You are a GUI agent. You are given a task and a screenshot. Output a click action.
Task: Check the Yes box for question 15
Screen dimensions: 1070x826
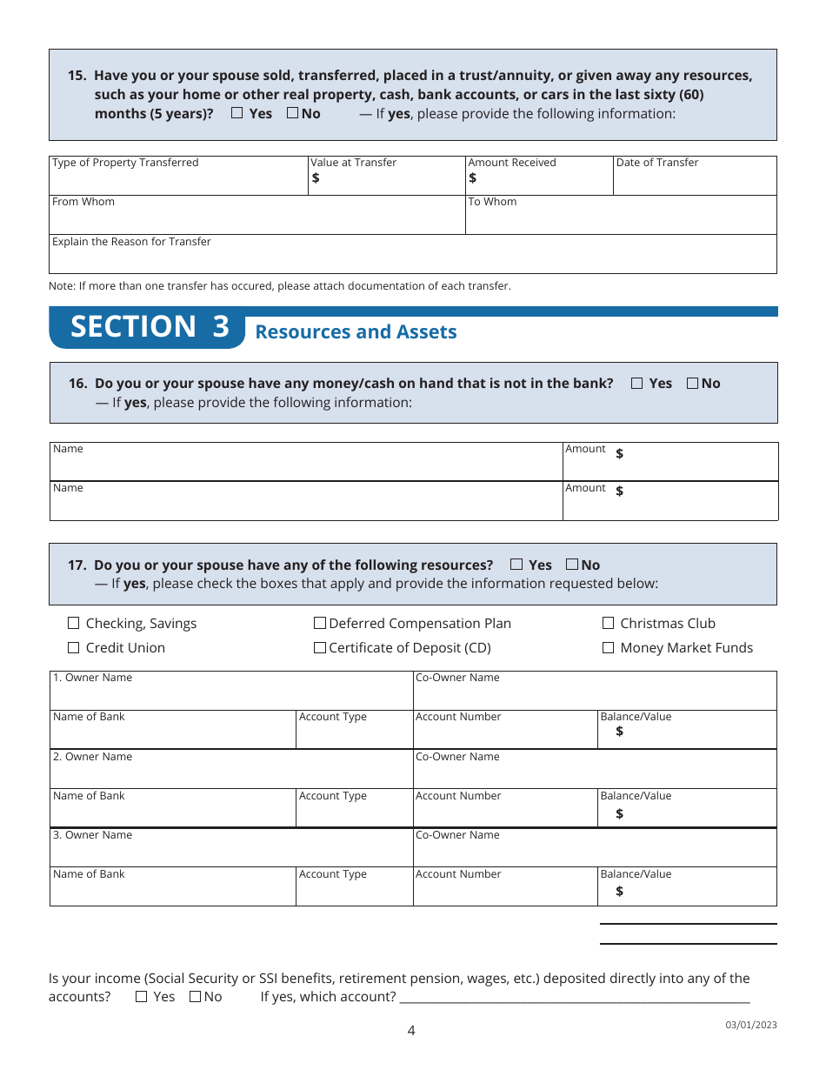[x=237, y=113]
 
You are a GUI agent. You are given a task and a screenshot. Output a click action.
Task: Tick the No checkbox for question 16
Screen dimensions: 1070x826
[x=693, y=383]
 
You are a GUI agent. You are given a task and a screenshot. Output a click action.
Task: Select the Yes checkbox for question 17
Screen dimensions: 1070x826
[x=516, y=564]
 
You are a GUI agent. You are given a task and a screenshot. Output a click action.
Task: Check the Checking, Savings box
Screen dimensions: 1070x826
[x=74, y=623]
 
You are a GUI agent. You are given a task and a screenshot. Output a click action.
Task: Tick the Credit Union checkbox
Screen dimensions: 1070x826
[x=74, y=647]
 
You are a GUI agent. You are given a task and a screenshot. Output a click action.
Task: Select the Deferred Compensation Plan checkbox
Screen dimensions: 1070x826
[x=320, y=623]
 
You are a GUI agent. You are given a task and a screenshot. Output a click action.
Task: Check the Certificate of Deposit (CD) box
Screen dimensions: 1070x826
[x=320, y=647]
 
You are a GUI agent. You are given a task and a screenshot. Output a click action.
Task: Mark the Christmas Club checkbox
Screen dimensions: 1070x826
[x=609, y=623]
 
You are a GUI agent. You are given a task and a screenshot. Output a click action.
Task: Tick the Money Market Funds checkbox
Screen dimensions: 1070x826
[x=609, y=647]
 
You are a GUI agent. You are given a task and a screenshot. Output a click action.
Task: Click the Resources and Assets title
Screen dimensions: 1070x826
[x=356, y=332]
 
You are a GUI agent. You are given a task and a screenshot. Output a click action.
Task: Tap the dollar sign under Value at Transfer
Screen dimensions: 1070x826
[x=316, y=178]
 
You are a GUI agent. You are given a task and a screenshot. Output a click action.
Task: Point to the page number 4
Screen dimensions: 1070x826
[x=411, y=1031]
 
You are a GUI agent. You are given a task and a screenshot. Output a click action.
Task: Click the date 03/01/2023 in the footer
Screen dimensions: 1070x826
[x=751, y=1025]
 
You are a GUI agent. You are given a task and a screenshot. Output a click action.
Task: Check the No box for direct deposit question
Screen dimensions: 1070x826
[x=195, y=997]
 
